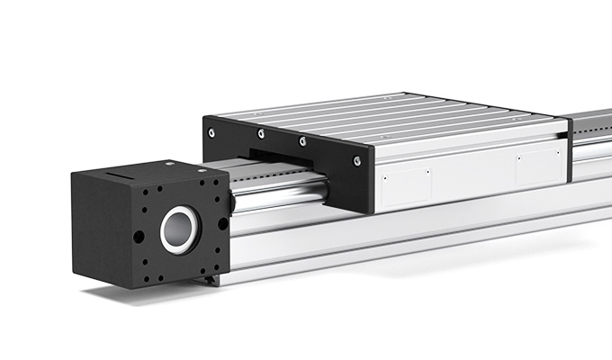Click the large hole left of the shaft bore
(x=139, y=237)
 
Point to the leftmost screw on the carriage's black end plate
(x=211, y=132)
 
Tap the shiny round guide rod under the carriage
(x=279, y=194)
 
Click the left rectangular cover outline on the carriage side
(x=404, y=184)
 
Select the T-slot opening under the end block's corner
(x=212, y=280)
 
